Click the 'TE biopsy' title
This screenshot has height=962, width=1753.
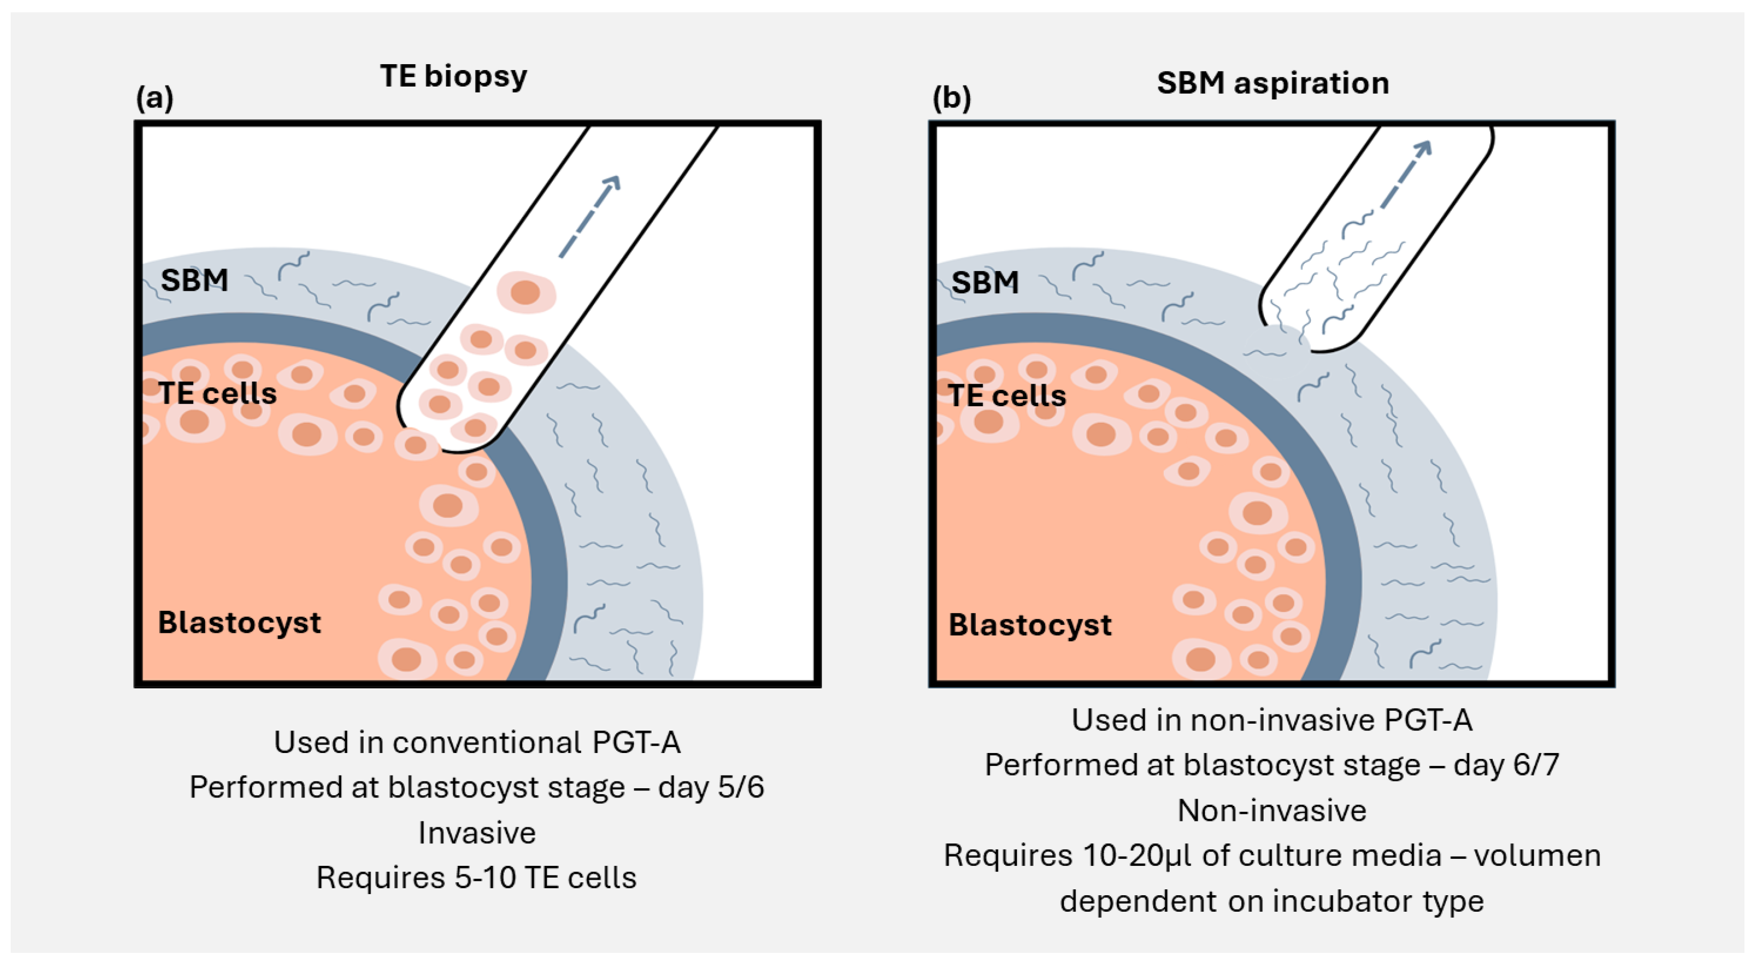(x=453, y=76)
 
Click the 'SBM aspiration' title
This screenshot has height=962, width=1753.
(x=1273, y=83)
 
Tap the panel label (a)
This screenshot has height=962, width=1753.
(x=154, y=98)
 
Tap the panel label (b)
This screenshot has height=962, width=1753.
(x=951, y=98)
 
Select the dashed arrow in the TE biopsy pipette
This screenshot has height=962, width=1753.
(x=589, y=216)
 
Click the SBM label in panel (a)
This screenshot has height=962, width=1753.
(x=194, y=281)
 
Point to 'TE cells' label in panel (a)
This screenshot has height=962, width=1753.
(x=217, y=393)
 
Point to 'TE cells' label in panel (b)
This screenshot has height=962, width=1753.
(x=1007, y=395)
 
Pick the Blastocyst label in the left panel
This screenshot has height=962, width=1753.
(x=239, y=622)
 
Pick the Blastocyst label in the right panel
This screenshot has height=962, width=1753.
(x=1030, y=624)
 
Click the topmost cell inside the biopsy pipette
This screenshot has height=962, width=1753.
(x=526, y=293)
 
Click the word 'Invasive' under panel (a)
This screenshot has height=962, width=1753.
(x=476, y=833)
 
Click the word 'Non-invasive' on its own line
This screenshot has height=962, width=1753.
(x=1271, y=810)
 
